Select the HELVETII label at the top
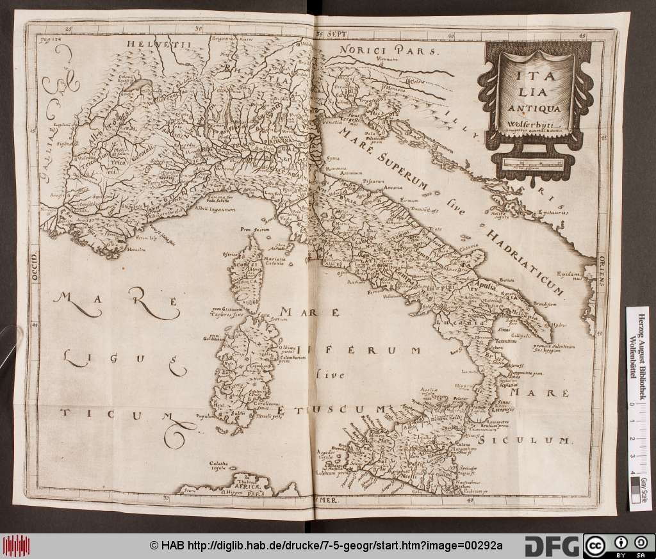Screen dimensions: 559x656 coord(151,44)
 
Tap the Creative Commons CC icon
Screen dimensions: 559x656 coord(594,545)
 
